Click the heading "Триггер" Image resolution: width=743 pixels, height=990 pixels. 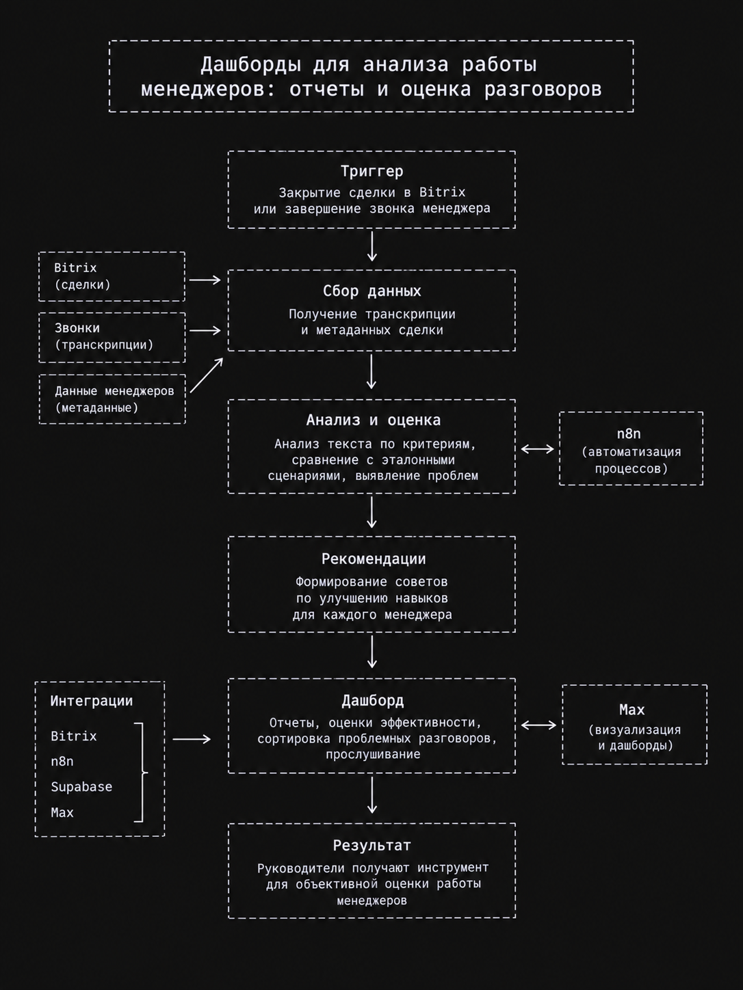[371, 172]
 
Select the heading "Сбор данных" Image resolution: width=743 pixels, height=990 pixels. [371, 291]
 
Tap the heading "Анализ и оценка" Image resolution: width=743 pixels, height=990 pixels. [373, 420]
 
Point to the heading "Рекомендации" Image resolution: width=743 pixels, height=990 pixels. [374, 559]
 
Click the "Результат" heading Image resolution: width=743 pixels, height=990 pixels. [371, 846]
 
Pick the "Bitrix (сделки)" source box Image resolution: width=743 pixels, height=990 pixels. [112, 276]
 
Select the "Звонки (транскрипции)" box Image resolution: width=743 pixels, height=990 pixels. [112, 337]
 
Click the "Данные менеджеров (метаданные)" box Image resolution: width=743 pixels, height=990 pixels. [112, 399]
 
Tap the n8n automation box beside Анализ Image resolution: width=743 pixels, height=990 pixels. [631, 449]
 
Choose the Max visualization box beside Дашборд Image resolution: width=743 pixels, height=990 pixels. [634, 725]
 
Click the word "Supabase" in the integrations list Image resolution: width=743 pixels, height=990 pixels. [81, 787]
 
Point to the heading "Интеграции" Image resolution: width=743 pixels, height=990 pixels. [92, 701]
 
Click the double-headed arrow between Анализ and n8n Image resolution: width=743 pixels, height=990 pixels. [537, 449]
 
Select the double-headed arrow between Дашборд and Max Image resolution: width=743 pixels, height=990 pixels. [538, 725]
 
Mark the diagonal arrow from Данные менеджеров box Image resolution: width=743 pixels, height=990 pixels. [207, 375]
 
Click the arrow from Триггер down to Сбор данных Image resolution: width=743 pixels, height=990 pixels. [371, 246]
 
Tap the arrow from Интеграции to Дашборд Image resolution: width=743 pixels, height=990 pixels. [192, 739]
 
